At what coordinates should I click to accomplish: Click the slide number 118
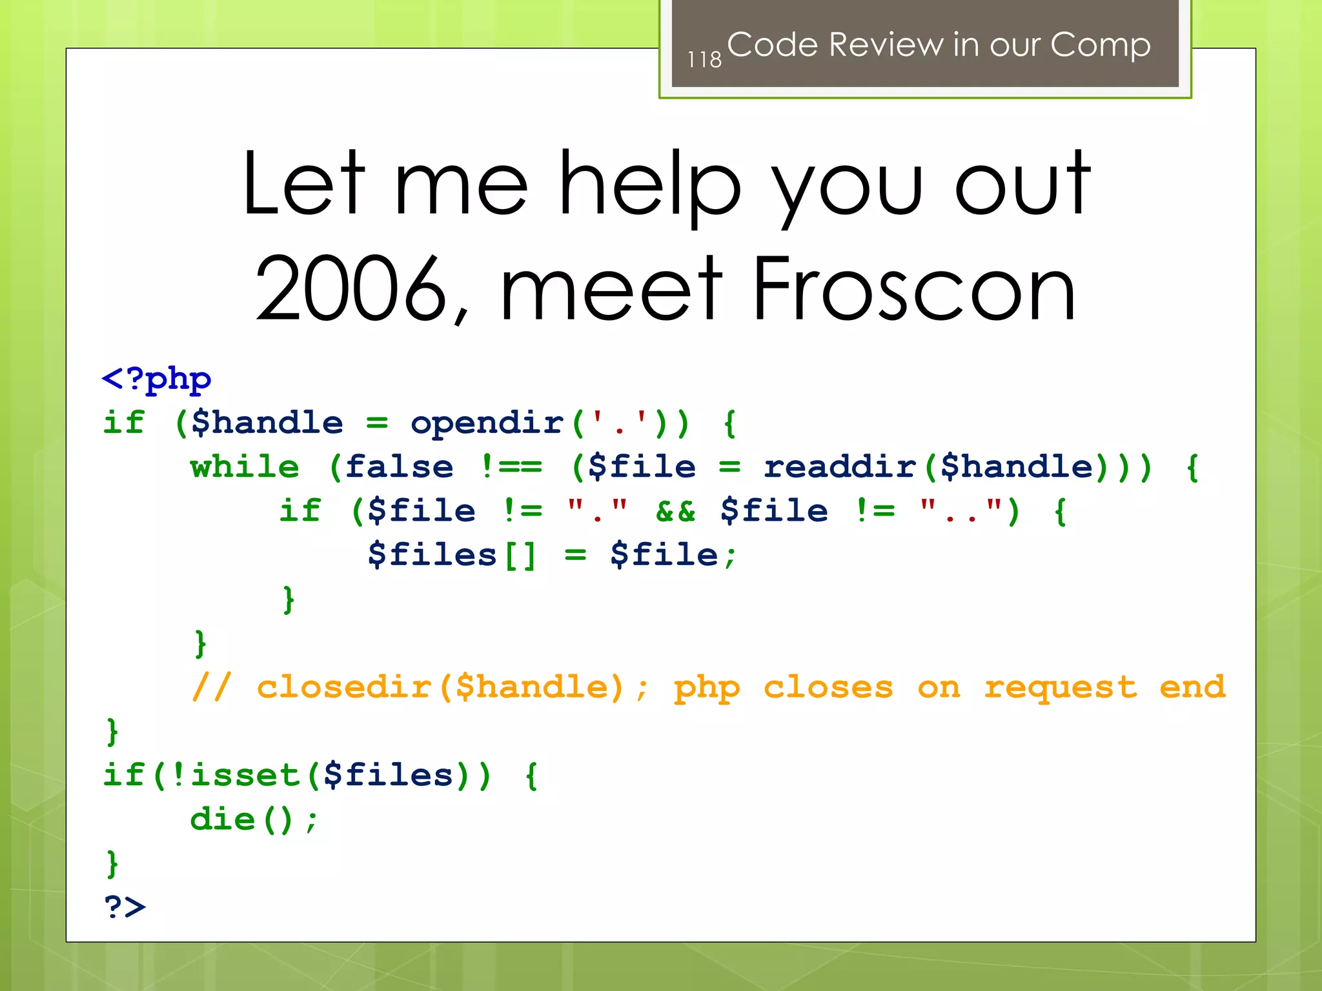(704, 60)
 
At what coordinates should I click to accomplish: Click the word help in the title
(649, 184)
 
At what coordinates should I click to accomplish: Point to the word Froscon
(914, 288)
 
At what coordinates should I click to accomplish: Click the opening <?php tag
(157, 379)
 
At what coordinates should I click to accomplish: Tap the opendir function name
(487, 423)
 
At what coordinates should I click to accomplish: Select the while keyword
(245, 467)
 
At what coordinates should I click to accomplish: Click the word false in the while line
(399, 467)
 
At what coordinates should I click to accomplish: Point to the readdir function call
(840, 467)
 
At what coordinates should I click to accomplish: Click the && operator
(675, 511)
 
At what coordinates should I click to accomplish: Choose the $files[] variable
(452, 556)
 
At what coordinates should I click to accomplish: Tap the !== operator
(512, 467)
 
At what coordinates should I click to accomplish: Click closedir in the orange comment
(344, 688)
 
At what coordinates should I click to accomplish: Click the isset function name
(246, 776)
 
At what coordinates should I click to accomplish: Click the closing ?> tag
(125, 908)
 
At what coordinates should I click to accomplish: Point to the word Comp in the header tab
(1100, 45)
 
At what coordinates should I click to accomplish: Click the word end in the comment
(1192, 688)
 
